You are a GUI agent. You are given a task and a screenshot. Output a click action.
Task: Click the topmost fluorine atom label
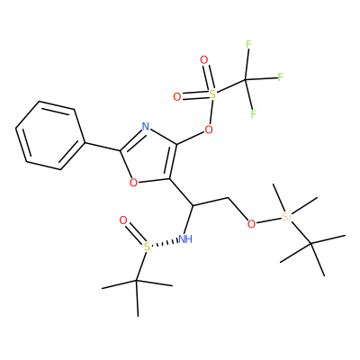point(248,44)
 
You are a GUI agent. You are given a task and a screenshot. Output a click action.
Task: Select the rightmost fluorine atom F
point(281,77)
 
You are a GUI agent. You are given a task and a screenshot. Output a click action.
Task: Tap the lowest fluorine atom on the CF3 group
point(254,114)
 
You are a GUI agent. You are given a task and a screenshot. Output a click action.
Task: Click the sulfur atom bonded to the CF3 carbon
point(212,94)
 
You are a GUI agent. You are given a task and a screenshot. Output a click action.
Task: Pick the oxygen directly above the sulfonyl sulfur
point(204,60)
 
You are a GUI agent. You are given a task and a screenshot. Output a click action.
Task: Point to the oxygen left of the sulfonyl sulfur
point(177,97)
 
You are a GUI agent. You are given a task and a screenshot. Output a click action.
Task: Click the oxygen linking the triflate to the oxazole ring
point(209,130)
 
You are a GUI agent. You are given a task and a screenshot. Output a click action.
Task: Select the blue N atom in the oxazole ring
point(146,126)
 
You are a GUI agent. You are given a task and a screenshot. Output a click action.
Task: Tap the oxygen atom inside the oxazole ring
point(134,182)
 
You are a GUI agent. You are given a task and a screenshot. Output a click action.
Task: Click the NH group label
point(185,239)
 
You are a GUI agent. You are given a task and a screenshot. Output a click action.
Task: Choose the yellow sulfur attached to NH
point(147,247)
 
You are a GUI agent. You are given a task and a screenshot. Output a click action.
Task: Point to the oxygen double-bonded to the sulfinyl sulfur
point(123,220)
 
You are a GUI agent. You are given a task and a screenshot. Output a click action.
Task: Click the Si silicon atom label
point(287,217)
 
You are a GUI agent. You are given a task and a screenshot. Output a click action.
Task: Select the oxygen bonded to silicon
point(252,223)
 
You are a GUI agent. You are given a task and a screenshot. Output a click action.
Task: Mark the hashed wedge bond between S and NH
point(165,243)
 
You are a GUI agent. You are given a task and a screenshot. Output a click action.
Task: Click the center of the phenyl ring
point(50,136)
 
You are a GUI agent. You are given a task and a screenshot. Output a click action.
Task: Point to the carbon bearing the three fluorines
point(246,80)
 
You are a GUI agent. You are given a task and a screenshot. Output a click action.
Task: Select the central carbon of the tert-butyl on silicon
point(310,244)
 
